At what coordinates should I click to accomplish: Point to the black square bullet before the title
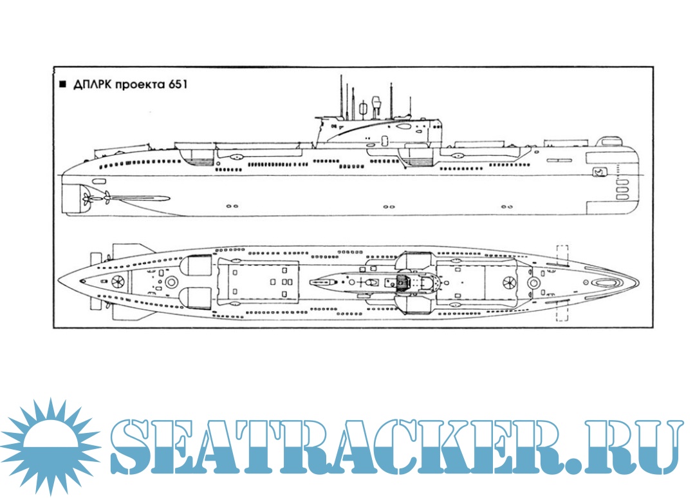(x=62, y=84)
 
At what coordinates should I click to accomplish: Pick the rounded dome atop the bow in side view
(x=609, y=142)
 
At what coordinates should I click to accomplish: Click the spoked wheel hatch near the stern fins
(x=118, y=282)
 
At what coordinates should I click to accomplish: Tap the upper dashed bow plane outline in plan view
(x=562, y=254)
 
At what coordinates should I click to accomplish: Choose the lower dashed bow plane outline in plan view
(x=562, y=312)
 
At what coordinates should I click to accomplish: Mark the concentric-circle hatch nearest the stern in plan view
(x=171, y=282)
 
